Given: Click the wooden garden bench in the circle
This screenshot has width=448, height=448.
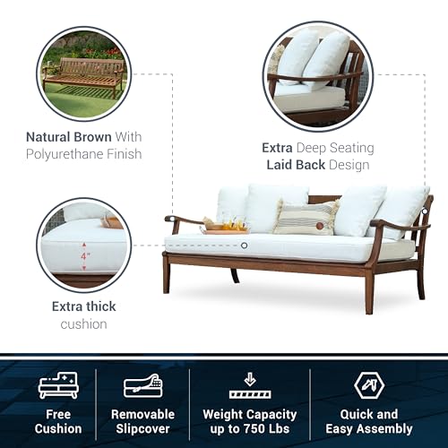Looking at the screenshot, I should coord(82,75).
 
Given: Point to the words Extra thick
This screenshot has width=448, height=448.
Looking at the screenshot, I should coord(82,306).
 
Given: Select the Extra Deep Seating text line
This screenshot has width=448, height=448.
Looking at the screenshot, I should coord(317,148).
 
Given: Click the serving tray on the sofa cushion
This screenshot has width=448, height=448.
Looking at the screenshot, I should coord(224,228).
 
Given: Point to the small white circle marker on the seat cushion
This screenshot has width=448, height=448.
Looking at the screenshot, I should coord(243,245).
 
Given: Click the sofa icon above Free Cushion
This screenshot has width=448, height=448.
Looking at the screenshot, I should coord(58,385).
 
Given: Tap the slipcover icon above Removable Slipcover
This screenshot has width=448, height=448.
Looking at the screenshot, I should coord(142,385).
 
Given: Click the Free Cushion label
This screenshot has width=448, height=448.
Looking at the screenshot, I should coord(58,421).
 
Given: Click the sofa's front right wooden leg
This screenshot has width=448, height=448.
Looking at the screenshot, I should coord(368,292).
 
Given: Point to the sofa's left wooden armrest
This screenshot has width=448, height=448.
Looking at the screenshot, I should coord(184,220).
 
